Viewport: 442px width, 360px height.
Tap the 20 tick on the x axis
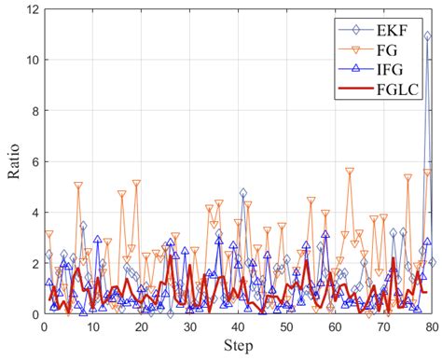point(141,328)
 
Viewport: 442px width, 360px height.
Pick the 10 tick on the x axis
point(92,328)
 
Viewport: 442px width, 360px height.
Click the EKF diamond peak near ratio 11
point(427,36)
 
